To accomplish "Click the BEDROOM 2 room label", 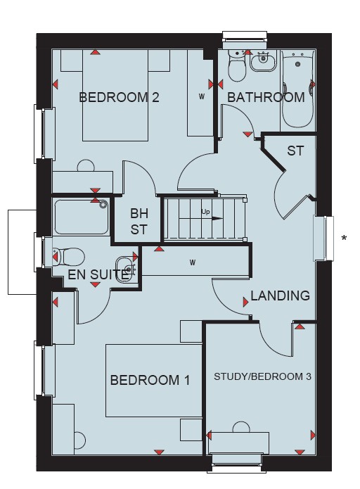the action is coord(119,97).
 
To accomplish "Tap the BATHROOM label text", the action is coord(266,97).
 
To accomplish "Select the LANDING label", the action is coord(281,296).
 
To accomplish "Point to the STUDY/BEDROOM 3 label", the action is coord(262,376).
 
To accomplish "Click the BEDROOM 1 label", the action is coord(150,380).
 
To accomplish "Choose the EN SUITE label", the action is coord(98,274).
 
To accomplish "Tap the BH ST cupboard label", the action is coord(139,222).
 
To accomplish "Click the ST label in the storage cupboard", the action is coord(295,151).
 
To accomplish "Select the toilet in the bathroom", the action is coord(238,66).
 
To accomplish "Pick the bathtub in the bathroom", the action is coord(298,89).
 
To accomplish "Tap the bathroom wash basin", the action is coord(264,61).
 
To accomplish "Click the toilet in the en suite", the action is coord(69,257).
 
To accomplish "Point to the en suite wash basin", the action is coord(127,269).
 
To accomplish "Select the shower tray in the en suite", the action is coord(82,217).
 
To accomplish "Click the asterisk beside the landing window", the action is coord(344,239).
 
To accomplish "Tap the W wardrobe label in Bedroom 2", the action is coord(202,97).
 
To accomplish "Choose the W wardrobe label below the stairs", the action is coord(193,263).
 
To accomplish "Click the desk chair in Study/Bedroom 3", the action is coord(241,427).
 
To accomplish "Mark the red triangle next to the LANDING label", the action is coord(246,302).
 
